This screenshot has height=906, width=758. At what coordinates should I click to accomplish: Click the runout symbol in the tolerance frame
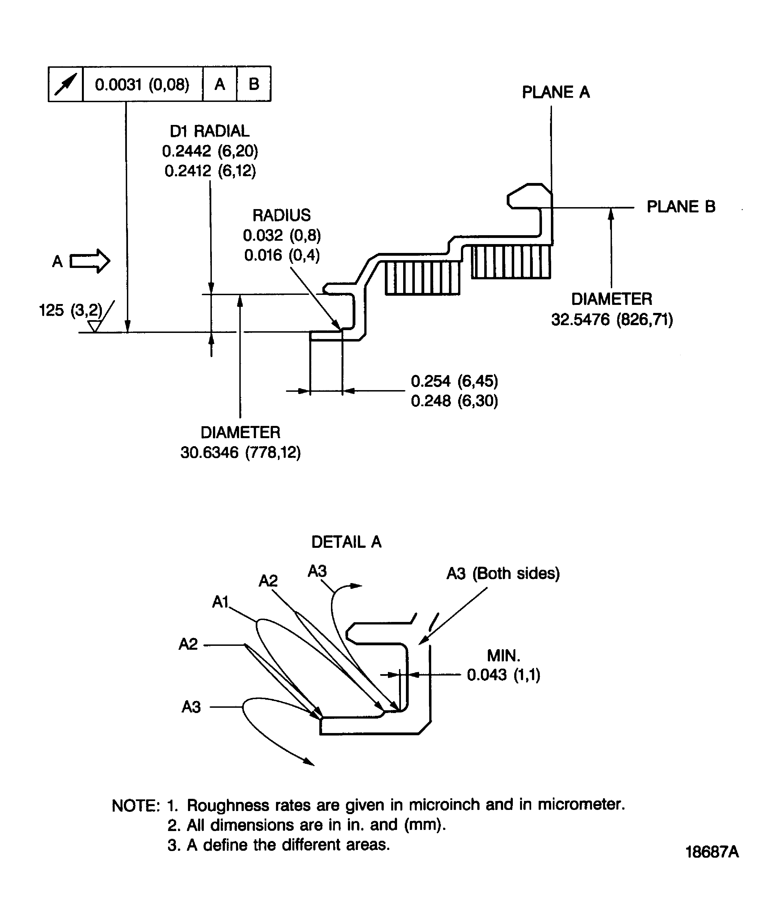point(66,84)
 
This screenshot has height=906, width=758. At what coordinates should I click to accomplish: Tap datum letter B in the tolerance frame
point(254,84)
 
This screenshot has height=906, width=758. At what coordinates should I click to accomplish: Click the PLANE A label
point(555,92)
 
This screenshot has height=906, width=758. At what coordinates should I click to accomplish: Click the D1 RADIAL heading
point(209,131)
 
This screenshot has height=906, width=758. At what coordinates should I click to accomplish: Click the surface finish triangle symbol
point(94,326)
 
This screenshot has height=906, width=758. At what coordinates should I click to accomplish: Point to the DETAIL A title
point(346,542)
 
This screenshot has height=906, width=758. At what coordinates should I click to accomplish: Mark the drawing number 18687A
point(712,852)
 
